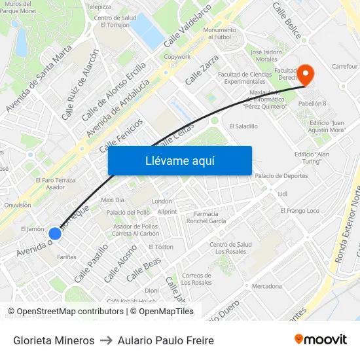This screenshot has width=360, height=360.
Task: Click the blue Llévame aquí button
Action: click(x=179, y=160)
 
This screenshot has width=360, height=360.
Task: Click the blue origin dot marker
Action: click(x=55, y=233)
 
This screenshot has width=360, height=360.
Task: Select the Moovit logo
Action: click(x=321, y=340)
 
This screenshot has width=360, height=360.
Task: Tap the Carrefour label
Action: click(x=344, y=66)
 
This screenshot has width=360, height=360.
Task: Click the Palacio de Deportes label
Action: click(x=281, y=175)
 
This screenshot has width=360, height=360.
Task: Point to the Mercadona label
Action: click(x=267, y=286)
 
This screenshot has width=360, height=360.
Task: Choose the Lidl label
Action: click(x=283, y=194)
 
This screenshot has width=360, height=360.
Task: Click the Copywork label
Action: click(x=177, y=57)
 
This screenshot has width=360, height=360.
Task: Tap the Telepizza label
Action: click(x=99, y=7)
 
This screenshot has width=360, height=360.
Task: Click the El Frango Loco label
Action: click(x=300, y=211)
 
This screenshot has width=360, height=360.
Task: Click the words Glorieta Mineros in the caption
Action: click(x=54, y=340)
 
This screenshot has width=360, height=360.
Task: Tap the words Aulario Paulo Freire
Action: click(x=166, y=340)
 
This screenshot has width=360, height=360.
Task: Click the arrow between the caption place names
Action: click(x=106, y=340)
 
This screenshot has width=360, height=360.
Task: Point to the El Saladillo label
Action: click(x=243, y=126)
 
